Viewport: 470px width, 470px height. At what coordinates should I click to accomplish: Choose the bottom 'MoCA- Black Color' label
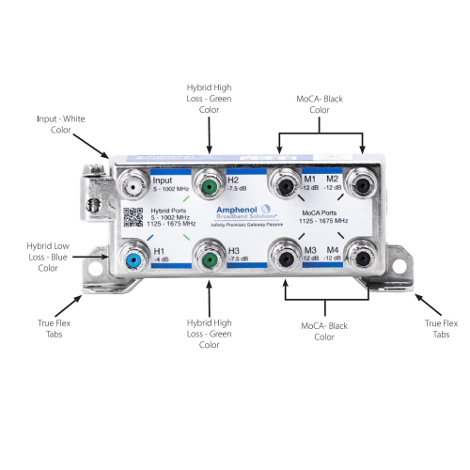(x=325, y=330)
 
